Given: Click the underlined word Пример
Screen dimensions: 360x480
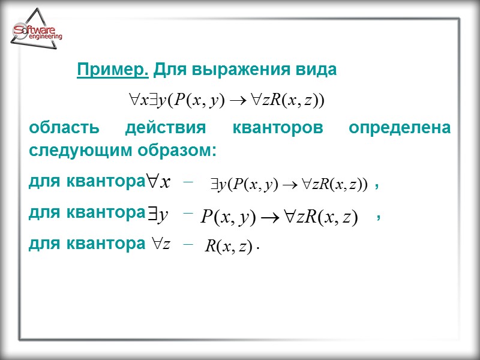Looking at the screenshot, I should [x=113, y=71].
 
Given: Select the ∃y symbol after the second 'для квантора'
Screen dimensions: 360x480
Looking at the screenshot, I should [x=158, y=214].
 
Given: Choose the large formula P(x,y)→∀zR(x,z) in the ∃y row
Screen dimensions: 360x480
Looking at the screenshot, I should [x=279, y=217].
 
